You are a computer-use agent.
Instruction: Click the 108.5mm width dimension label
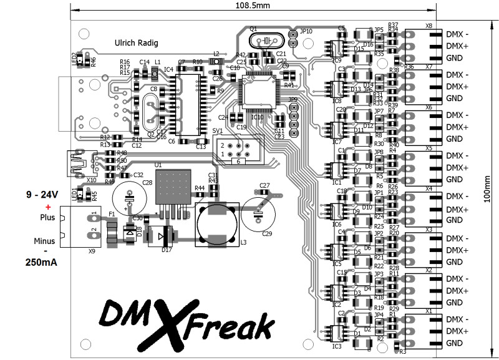coord(253,6)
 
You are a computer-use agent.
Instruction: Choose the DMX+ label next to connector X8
coord(458,46)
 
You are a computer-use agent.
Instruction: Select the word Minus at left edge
coord(45,241)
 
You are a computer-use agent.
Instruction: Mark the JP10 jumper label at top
coord(306,31)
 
